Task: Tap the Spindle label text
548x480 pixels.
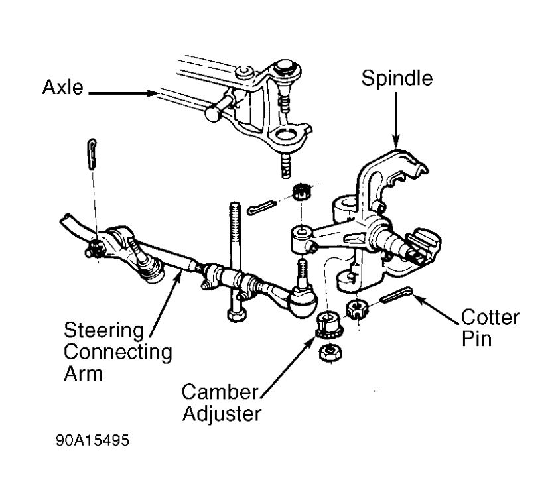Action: click(x=396, y=78)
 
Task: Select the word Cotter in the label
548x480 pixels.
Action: click(x=490, y=317)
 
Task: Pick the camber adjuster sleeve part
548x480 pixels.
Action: click(x=327, y=323)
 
